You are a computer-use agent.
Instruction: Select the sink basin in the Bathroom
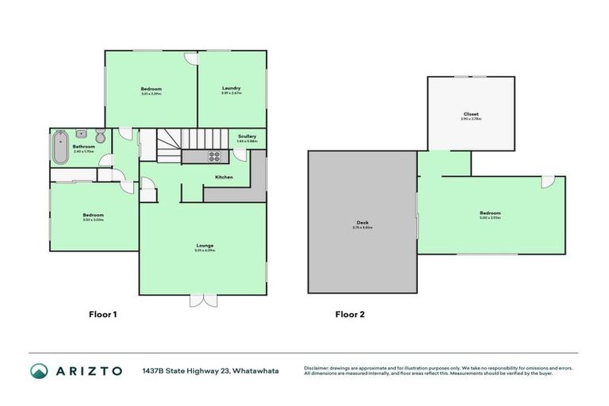pyautogui.click(x=82, y=133)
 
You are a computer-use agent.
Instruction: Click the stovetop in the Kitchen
pyautogui.click(x=213, y=156)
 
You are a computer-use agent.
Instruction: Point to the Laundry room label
pyautogui.click(x=232, y=88)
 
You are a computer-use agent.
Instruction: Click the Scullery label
pyautogui.click(x=247, y=136)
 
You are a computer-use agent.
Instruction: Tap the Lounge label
pyautogui.click(x=205, y=245)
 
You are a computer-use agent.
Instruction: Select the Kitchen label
pyautogui.click(x=224, y=177)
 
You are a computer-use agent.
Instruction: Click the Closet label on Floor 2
pyautogui.click(x=472, y=114)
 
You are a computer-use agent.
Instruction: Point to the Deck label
pyautogui.click(x=362, y=223)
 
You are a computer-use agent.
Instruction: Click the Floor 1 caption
pyautogui.click(x=102, y=314)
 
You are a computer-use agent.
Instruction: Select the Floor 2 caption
pyautogui.click(x=350, y=314)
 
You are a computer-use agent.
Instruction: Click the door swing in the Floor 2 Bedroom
pyautogui.click(x=547, y=182)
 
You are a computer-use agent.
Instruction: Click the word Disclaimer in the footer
pyautogui.click(x=319, y=367)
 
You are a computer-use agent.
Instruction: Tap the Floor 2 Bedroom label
pyautogui.click(x=489, y=213)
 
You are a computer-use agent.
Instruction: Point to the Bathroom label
pyautogui.click(x=84, y=146)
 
